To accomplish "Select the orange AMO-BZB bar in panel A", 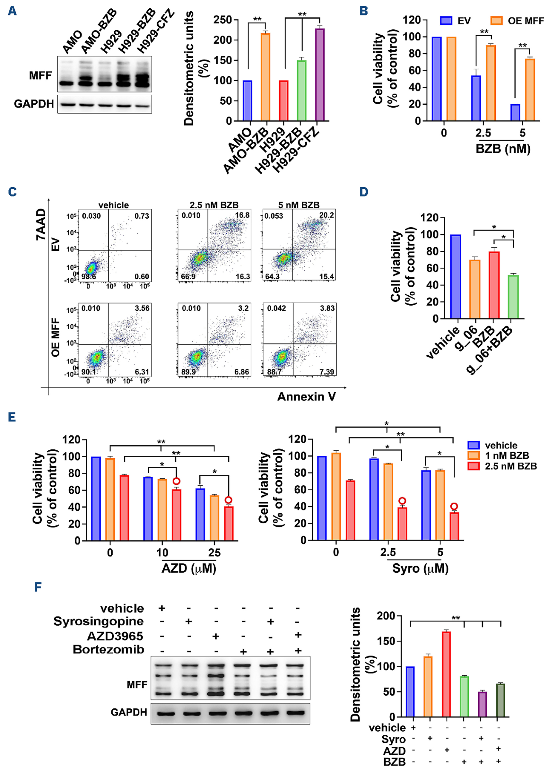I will pyautogui.click(x=265, y=77).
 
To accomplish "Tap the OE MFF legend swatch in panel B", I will pyautogui.click(x=496, y=21).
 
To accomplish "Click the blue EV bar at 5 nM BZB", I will pyautogui.click(x=515, y=112).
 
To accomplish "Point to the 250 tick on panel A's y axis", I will pyautogui.click(x=222, y=20).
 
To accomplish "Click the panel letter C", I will pyautogui.click(x=13, y=192).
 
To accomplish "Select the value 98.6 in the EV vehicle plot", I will pyautogui.click(x=89, y=277).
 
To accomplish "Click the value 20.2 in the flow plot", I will pyautogui.click(x=326, y=215).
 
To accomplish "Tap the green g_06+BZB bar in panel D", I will pyautogui.click(x=513, y=297).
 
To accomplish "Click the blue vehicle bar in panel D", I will pyautogui.click(x=456, y=277).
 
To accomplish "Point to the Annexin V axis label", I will pyautogui.click(x=306, y=396).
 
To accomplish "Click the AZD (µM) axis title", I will pyautogui.click(x=189, y=568).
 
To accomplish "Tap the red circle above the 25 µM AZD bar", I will pyautogui.click(x=229, y=500).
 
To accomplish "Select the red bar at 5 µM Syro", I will pyautogui.click(x=454, y=526).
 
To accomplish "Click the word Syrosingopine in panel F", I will pyautogui.click(x=99, y=621).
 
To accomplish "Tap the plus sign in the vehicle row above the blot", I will pyautogui.click(x=162, y=608).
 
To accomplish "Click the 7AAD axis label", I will pyautogui.click(x=40, y=224).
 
